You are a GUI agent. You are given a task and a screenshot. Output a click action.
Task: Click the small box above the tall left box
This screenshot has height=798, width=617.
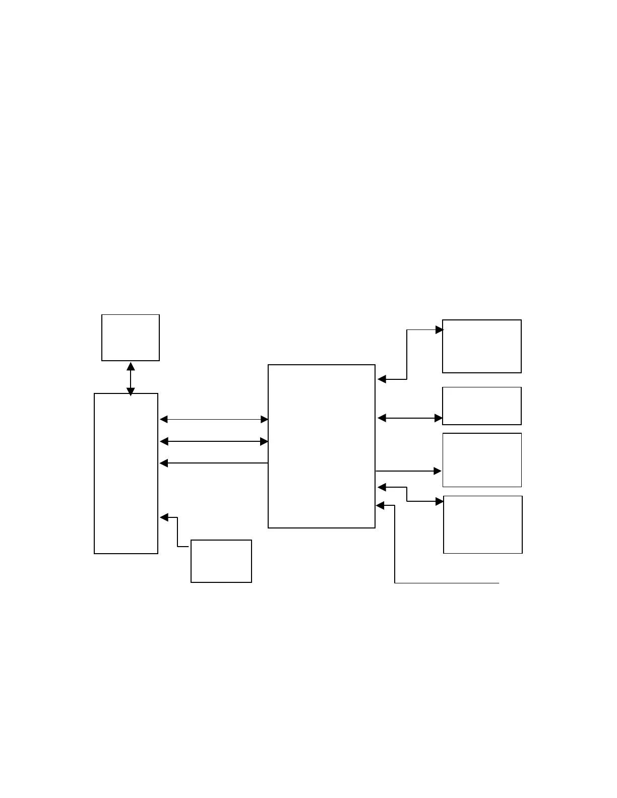pyautogui.click(x=131, y=338)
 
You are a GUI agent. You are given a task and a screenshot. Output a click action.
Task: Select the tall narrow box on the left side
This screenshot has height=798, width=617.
pyautogui.click(x=126, y=474)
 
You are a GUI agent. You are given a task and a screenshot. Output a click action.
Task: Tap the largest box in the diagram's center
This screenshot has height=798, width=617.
pyautogui.click(x=322, y=446)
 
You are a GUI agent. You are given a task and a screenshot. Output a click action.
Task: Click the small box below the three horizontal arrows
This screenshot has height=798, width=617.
pyautogui.click(x=221, y=561)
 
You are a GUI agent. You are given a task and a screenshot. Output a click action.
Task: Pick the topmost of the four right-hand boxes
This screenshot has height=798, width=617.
pyautogui.click(x=482, y=346)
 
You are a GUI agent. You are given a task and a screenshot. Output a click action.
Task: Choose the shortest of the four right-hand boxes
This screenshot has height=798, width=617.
pyautogui.click(x=482, y=406)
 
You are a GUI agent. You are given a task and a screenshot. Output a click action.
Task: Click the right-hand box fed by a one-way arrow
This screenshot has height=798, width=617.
pyautogui.click(x=482, y=460)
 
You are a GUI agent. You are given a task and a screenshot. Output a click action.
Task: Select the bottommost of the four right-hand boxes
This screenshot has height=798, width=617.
pyautogui.click(x=483, y=524)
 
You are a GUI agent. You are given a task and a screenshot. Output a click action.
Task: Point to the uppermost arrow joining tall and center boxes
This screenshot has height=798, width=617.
pyautogui.click(x=214, y=419)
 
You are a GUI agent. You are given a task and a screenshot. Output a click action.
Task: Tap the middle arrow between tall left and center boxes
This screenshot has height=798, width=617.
pyautogui.click(x=214, y=441)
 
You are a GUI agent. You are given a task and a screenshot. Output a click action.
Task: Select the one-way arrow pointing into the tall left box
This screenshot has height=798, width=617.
pyautogui.click(x=214, y=463)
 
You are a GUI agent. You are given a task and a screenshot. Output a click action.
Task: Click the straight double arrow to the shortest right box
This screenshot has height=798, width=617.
pyautogui.click(x=410, y=418)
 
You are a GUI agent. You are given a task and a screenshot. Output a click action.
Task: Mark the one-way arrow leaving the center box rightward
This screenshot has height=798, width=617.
pyautogui.click(x=408, y=471)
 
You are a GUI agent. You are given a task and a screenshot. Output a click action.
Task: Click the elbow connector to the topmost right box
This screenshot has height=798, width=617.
pyautogui.click(x=407, y=355)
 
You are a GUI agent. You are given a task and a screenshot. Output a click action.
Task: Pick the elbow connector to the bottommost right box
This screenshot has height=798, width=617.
pyautogui.click(x=407, y=494)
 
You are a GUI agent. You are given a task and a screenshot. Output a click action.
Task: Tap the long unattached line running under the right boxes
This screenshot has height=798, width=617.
pyautogui.click(x=447, y=583)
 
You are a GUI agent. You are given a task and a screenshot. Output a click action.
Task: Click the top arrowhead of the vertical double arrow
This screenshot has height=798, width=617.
pyautogui.click(x=131, y=366)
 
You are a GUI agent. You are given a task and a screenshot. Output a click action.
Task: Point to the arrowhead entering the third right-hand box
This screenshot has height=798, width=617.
pyautogui.click(x=438, y=471)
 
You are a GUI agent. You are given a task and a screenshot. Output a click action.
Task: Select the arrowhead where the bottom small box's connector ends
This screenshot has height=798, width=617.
pyautogui.click(x=164, y=517)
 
